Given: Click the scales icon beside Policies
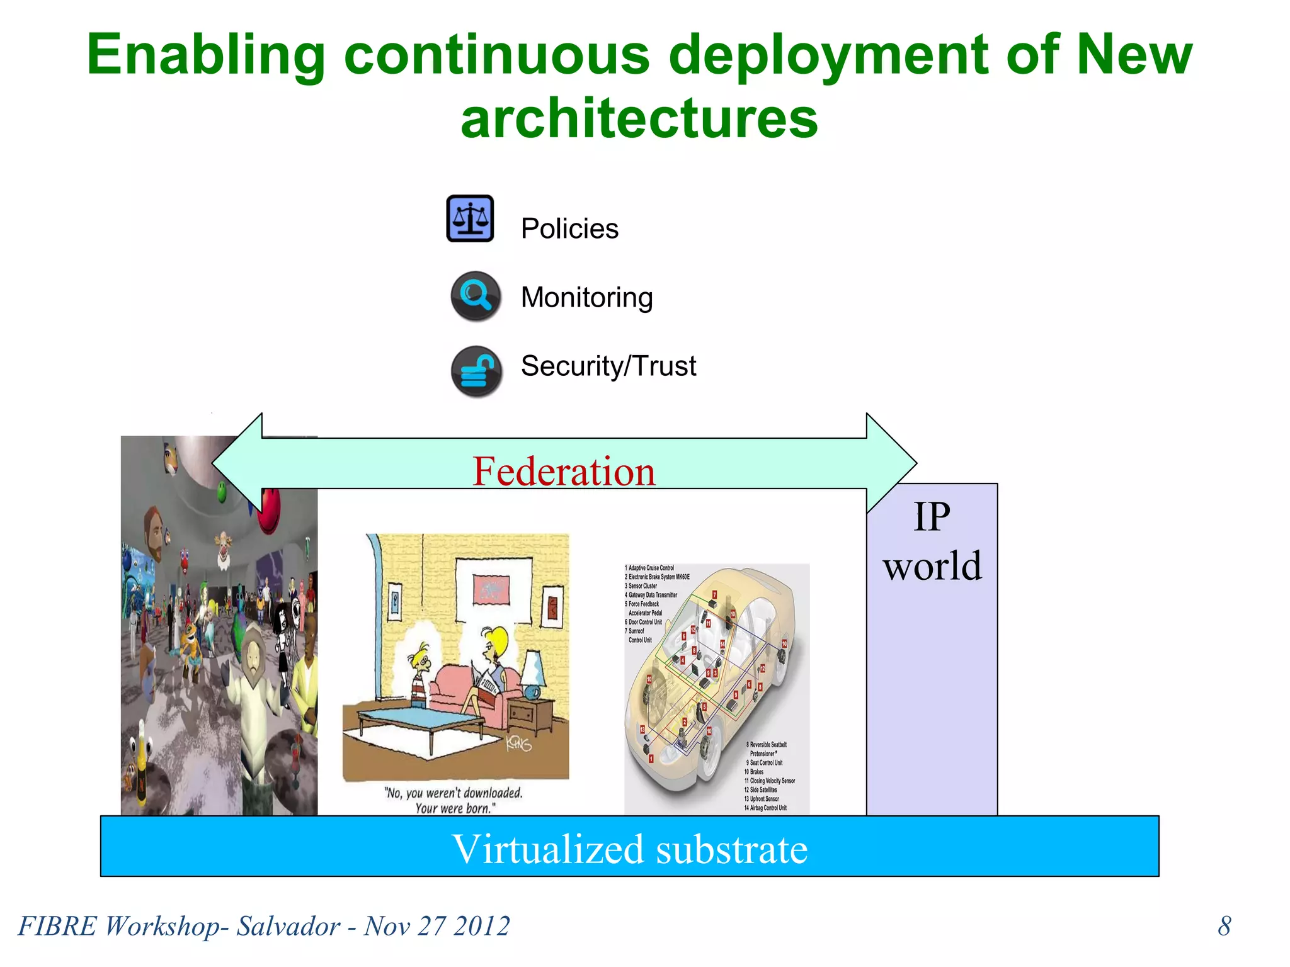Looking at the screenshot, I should pos(470,218).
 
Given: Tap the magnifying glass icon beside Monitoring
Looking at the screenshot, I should pos(476,295).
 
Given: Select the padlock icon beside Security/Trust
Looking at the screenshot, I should pos(476,371).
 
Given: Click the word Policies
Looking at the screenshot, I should pos(569,229).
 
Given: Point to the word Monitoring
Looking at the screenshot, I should pos(586,297).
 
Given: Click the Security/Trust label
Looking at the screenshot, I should pos(608,366).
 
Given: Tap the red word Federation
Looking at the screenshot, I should pos(564,471).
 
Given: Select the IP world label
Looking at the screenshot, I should pos(932,541).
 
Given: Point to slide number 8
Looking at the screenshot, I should pos(1224,925).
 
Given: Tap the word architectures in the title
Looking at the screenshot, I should pos(639,118).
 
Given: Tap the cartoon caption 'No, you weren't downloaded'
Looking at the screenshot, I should pos(454,793).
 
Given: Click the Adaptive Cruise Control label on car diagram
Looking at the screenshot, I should pos(650,568).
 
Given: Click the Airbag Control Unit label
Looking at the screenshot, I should pos(767,808).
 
